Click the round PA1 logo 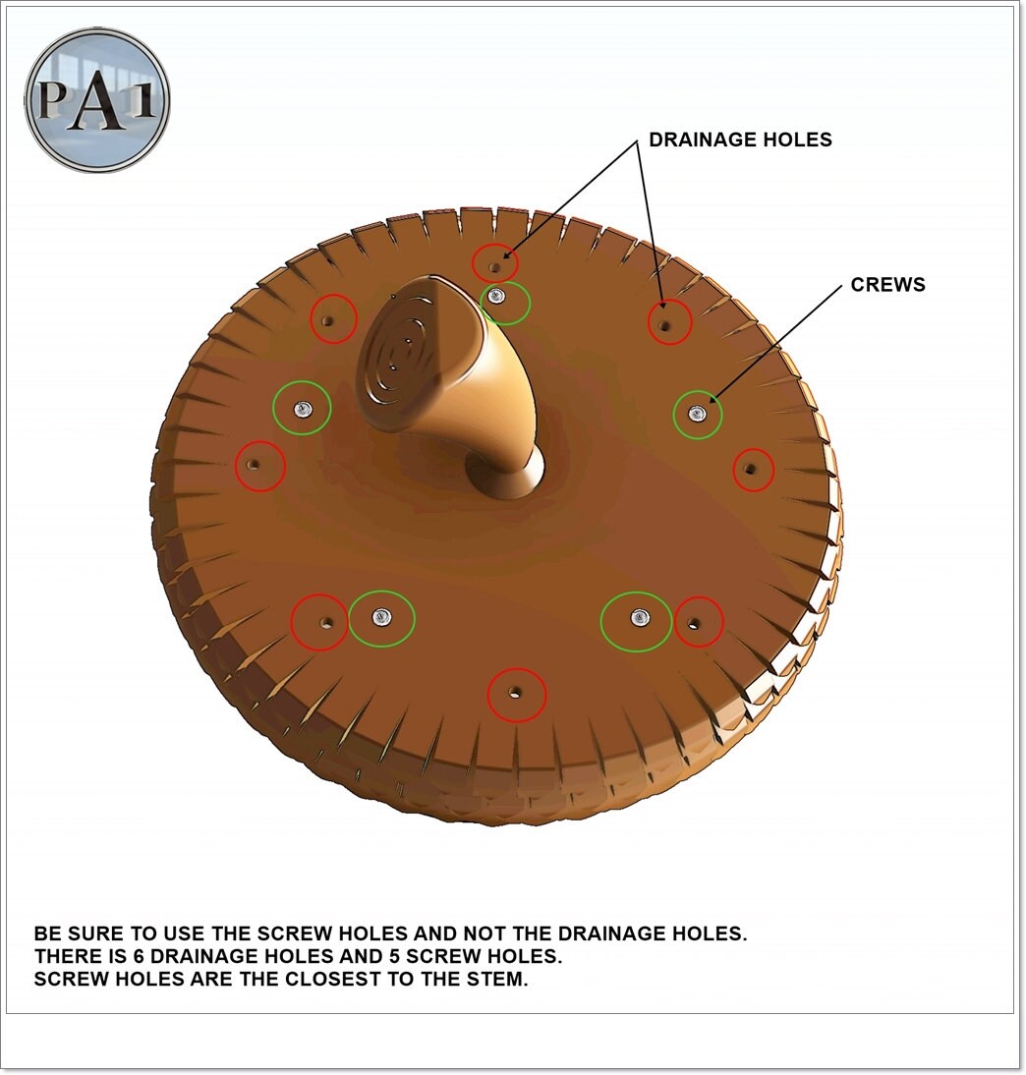coord(97,100)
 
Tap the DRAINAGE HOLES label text coord(740,140)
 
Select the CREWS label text coord(888,285)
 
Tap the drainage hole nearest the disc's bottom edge coord(515,693)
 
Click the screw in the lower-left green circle coord(380,616)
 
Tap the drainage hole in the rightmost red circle coord(752,470)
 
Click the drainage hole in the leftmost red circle coord(255,464)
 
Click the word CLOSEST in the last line coord(329,980)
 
